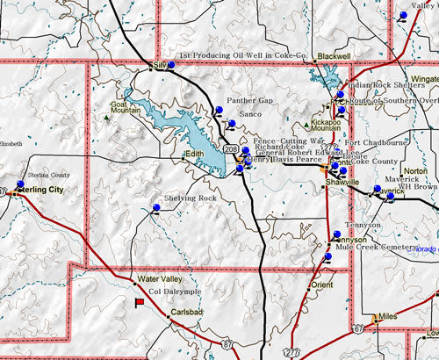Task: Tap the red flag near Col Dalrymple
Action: pyautogui.click(x=139, y=302)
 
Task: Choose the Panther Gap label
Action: pyautogui.click(x=250, y=101)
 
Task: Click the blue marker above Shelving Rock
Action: pyautogui.click(x=155, y=206)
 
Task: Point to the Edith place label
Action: pyautogui.click(x=194, y=155)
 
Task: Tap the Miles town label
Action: pyautogui.click(x=389, y=317)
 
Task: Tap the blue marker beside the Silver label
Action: pyautogui.click(x=171, y=63)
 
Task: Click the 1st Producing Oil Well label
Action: pyautogui.click(x=241, y=56)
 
